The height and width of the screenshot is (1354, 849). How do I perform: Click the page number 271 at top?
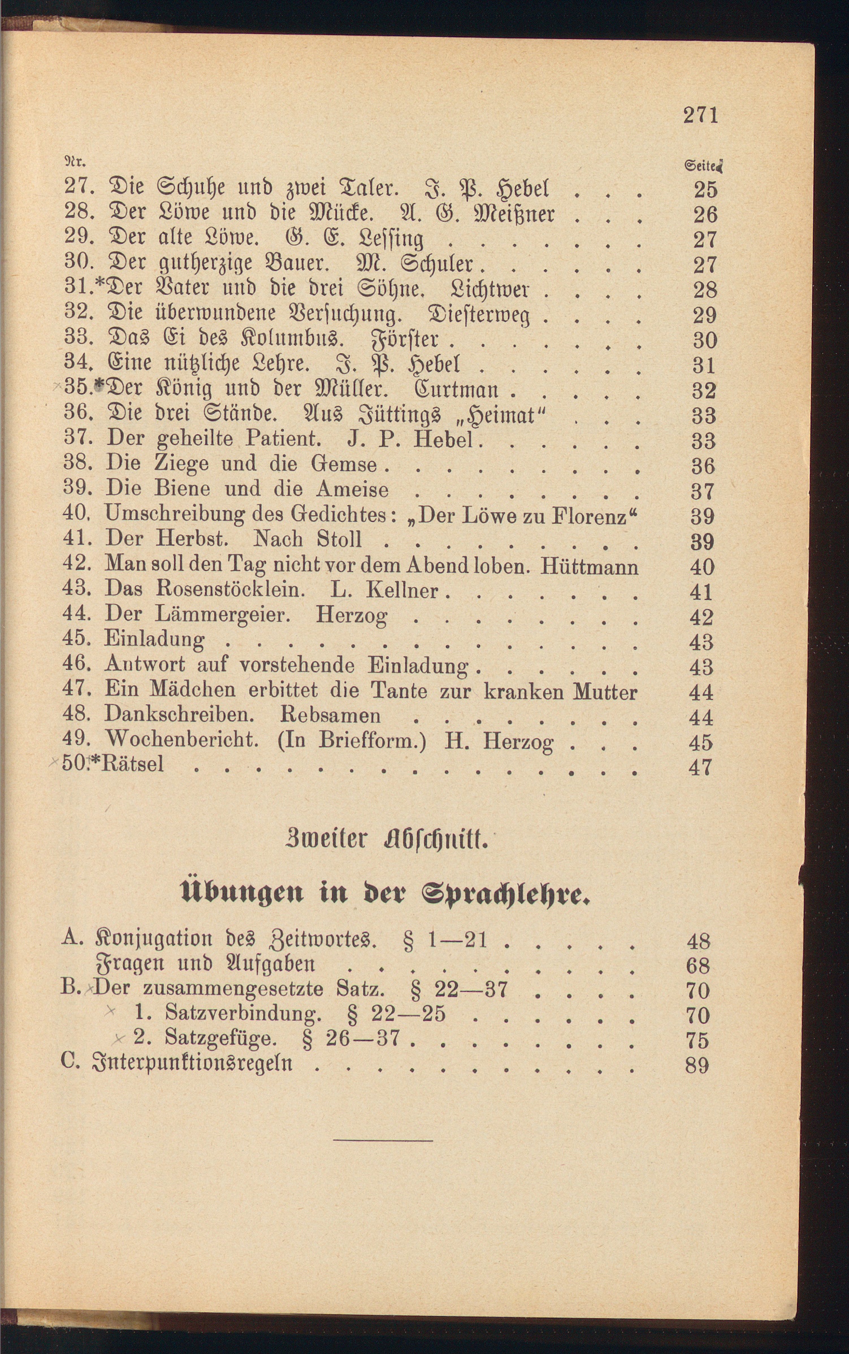click(700, 115)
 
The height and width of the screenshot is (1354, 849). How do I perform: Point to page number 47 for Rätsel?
click(701, 767)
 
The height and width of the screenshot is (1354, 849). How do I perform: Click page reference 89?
click(697, 1065)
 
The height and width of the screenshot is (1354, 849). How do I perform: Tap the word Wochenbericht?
click(182, 740)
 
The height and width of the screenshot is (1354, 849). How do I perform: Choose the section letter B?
click(70, 988)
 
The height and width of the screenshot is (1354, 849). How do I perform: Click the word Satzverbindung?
click(243, 1013)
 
